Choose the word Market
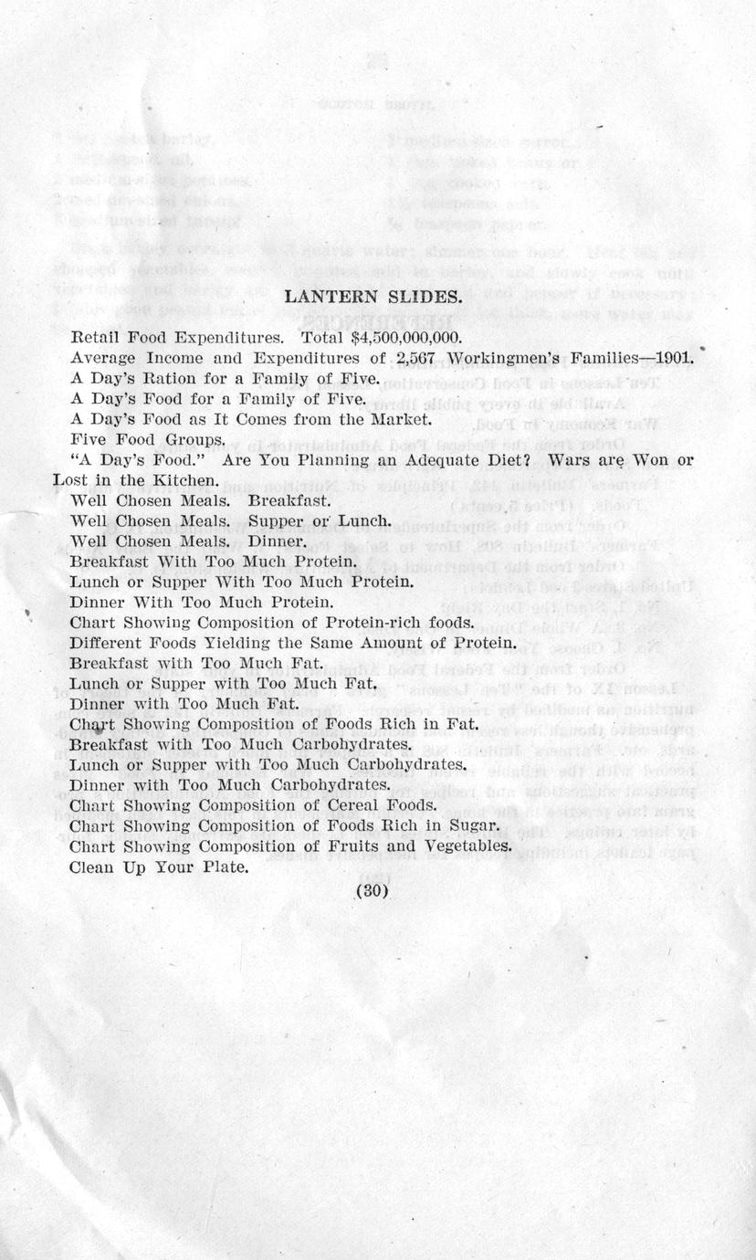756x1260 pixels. (399, 419)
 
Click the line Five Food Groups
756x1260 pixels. (147, 440)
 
